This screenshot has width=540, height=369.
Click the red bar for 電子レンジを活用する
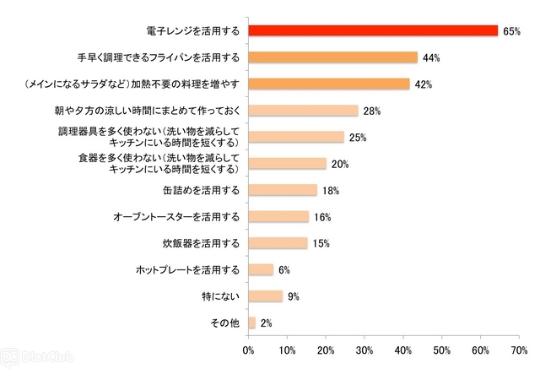pos(373,31)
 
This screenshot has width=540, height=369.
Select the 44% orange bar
pos(332,57)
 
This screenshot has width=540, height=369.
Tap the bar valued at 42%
pos(328,84)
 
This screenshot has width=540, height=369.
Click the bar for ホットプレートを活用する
pos(260,269)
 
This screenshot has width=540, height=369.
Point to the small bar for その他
pos(251,322)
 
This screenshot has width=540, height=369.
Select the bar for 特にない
pos(265,296)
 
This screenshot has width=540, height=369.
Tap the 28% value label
pos(372,111)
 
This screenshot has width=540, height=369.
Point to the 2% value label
pos(267,323)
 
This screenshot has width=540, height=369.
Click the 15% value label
pos(321,243)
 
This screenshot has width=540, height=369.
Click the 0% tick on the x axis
pos(248,349)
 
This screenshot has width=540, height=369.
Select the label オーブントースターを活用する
pos(176,217)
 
